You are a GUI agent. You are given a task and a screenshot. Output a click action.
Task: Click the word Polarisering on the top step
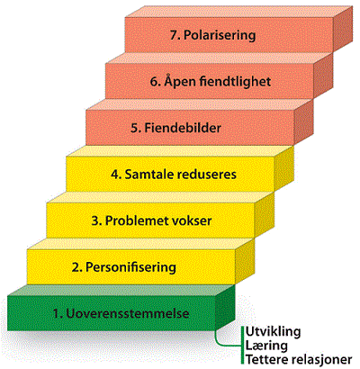coord(220,35)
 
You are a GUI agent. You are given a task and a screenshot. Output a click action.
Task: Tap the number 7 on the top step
coord(175,35)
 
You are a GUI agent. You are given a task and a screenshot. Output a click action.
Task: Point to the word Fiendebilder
coord(183,128)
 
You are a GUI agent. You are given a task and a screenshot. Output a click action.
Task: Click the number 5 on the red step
coord(136,128)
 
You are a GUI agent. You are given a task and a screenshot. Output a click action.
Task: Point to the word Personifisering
coord(130,267)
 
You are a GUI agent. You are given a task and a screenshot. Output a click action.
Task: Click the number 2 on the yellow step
coord(76,267)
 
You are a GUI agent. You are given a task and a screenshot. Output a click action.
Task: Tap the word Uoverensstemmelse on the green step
coord(128,314)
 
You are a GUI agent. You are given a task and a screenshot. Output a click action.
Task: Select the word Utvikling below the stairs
coord(273,332)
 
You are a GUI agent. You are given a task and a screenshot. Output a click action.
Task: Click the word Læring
coord(266,346)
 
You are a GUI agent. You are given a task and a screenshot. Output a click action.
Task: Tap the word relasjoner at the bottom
coord(319,359)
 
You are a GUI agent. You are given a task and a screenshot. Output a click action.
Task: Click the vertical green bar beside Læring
coord(242,346)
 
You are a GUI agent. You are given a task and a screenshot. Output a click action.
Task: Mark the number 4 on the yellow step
coord(116,175)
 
